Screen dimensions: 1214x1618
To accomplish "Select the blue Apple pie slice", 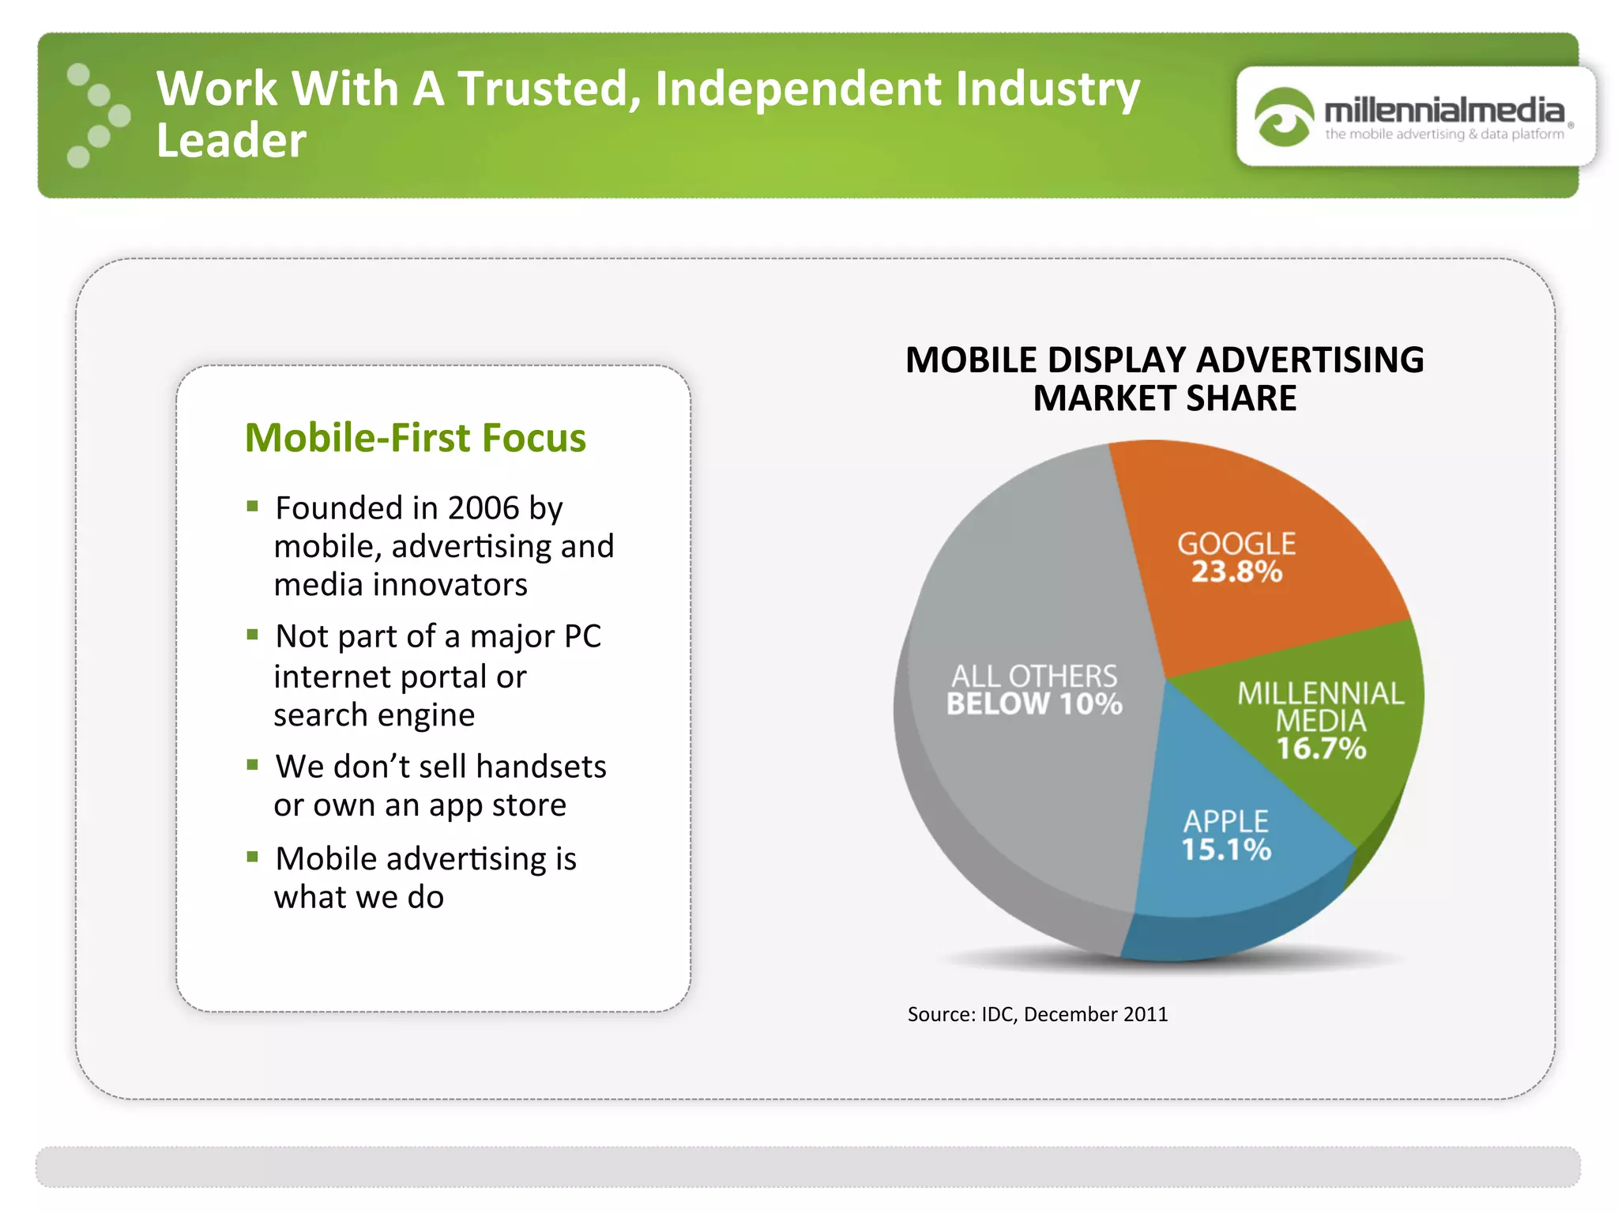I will tap(1232, 877).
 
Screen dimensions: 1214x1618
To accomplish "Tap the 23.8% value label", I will tap(1236, 571).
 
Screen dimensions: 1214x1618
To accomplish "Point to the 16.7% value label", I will tap(1321, 748).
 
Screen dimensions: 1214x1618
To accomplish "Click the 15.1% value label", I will tap(1226, 850).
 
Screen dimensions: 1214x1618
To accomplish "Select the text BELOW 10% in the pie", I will tap(1034, 703).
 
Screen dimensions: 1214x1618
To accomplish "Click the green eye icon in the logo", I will tap(1283, 117).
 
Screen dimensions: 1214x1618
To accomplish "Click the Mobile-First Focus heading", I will tap(416, 438).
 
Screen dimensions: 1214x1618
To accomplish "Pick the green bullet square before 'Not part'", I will tap(253, 635).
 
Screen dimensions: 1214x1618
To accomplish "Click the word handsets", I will tap(541, 767).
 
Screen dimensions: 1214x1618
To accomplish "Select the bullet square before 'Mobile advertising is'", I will tap(253, 857).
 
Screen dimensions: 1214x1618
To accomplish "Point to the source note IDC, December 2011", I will tap(1037, 1014).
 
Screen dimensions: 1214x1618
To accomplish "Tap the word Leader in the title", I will tap(231, 141).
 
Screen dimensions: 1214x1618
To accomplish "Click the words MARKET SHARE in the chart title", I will tap(1165, 398).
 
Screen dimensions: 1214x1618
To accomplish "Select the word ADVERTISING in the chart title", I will tap(1310, 360).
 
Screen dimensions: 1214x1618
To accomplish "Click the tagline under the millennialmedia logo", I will tap(1444, 134).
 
